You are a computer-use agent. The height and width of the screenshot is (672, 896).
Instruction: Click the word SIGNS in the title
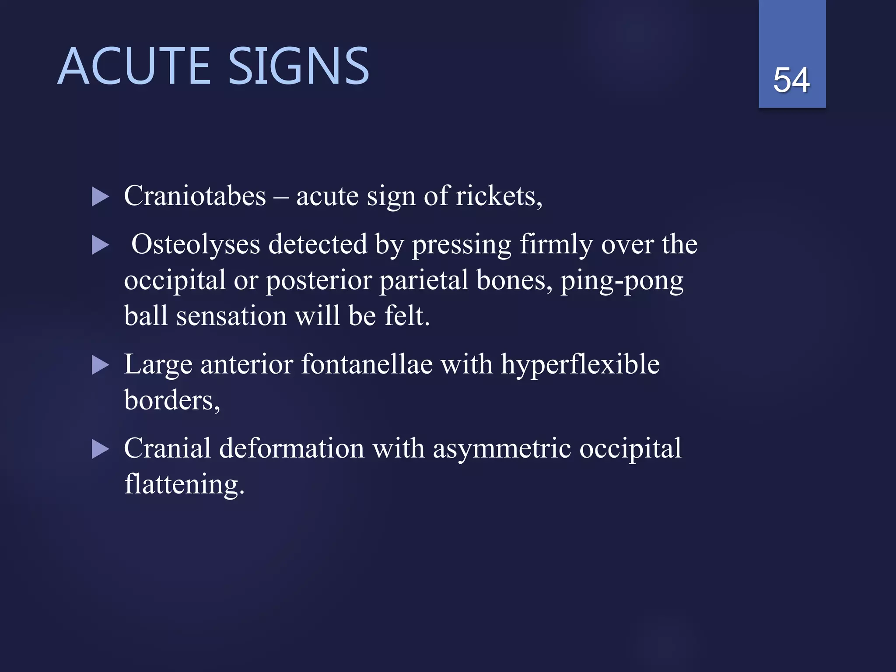click(x=299, y=66)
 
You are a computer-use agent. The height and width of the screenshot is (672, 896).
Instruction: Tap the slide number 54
click(x=791, y=80)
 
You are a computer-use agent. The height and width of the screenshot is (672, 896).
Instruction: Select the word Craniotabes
click(x=195, y=196)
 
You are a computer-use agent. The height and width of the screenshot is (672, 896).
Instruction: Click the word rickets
click(x=498, y=196)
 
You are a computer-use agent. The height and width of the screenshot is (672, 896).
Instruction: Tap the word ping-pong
click(x=622, y=281)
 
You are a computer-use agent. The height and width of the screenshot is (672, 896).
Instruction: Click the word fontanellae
click(x=367, y=364)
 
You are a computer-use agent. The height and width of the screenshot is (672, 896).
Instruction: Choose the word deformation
click(x=291, y=448)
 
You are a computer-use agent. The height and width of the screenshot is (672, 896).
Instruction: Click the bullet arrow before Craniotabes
click(x=100, y=197)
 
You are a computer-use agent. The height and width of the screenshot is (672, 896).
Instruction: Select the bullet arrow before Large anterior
click(x=100, y=365)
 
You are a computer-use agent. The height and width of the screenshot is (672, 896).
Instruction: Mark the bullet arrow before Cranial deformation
click(x=100, y=449)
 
